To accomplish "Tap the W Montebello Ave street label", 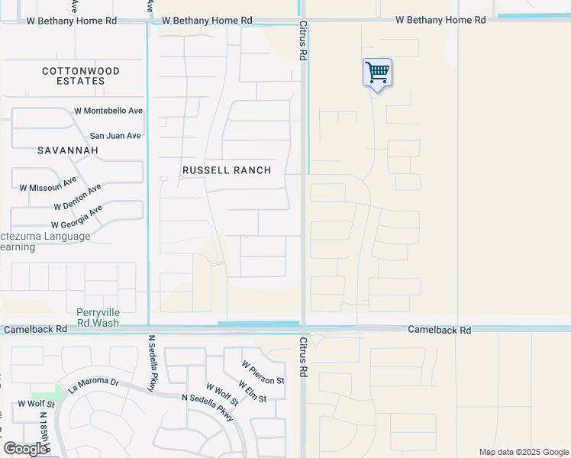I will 108,111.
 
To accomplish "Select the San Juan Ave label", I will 115,136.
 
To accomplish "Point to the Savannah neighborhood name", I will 68,150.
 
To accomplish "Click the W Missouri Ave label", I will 48,184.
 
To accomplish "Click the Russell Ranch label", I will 227,170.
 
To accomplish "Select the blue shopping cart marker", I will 377,73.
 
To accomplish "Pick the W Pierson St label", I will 263,373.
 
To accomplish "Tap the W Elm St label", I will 252,392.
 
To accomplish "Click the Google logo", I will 24,449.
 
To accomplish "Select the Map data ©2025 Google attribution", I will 523,452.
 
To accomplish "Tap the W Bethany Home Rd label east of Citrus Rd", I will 440,20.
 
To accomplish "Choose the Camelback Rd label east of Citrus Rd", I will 439,330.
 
